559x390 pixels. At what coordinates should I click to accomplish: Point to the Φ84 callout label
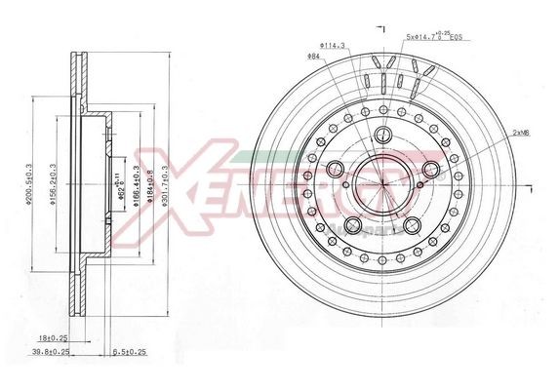click(314, 57)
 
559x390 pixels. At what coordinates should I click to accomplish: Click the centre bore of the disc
click(380, 185)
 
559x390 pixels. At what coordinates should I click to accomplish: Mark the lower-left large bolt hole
click(352, 225)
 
